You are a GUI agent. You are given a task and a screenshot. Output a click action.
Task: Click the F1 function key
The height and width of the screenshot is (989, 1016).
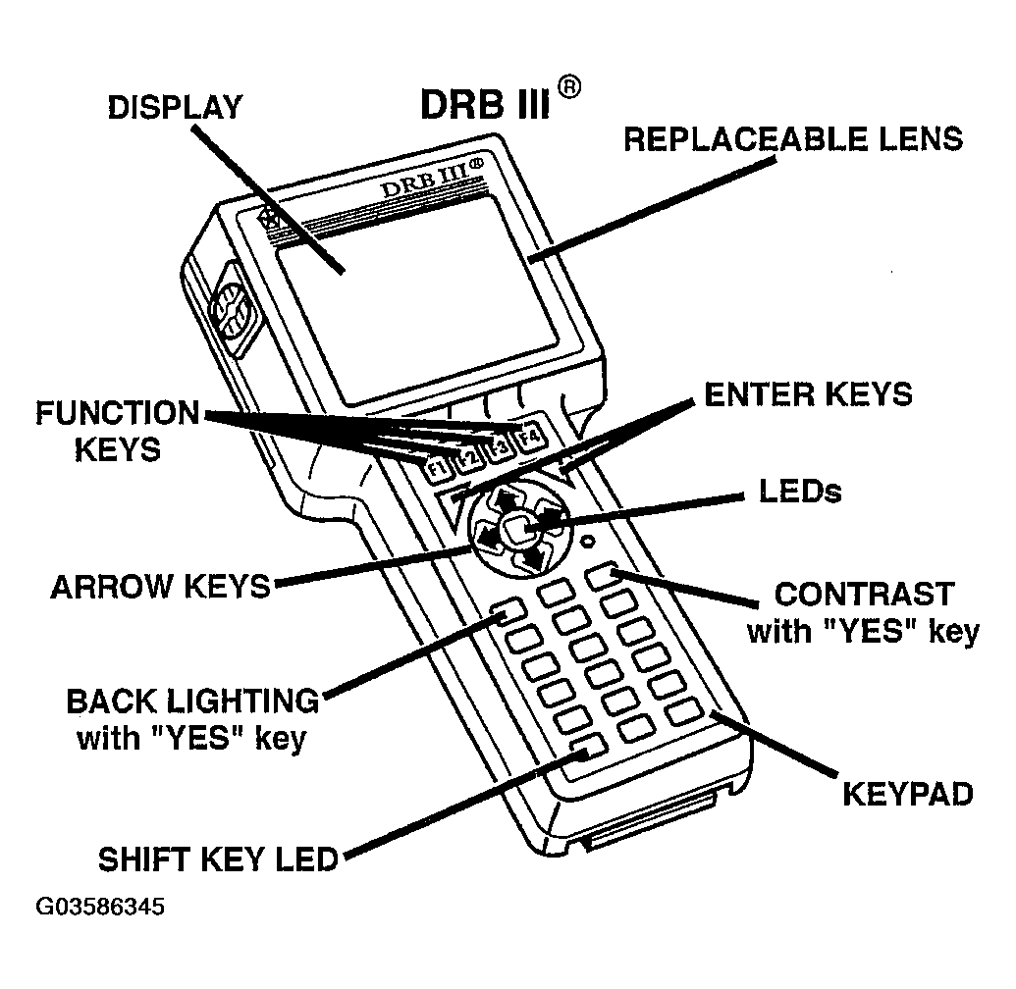438,468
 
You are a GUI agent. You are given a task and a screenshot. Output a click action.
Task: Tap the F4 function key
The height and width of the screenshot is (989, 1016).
530,435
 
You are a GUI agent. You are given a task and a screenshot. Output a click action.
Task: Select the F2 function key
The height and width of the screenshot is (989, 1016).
468,457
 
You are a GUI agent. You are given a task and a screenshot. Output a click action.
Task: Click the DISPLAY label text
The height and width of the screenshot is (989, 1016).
175,108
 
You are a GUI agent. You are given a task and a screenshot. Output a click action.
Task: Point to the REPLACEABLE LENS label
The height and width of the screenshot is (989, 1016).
793,139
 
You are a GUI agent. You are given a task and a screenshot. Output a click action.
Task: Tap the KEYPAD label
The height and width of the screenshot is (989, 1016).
908,793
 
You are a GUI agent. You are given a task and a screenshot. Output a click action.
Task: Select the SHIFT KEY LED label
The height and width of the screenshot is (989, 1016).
218,859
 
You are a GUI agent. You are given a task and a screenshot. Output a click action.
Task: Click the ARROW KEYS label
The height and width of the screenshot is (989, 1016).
160,587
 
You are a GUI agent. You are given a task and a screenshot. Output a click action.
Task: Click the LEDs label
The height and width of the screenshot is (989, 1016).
801,491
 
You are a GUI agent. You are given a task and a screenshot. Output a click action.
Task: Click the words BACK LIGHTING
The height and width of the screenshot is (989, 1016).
192,702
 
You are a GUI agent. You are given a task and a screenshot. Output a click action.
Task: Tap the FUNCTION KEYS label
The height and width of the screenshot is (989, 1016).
118,431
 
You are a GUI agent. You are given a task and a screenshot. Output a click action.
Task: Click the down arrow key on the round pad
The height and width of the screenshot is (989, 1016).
533,557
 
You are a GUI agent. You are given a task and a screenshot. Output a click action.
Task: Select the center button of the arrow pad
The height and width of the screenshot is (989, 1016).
517,530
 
